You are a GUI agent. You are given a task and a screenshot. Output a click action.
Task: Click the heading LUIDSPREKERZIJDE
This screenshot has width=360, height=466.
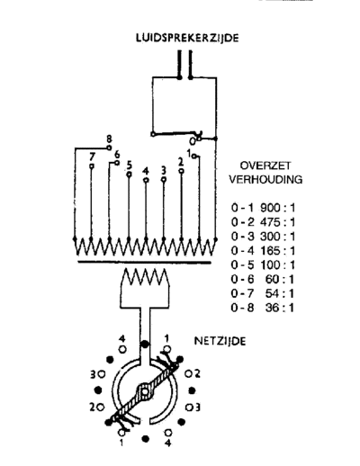(x=187, y=38)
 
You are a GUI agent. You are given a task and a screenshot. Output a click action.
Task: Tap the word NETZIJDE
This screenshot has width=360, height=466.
(x=220, y=341)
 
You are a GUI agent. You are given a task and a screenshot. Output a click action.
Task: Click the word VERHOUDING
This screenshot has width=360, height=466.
(x=265, y=179)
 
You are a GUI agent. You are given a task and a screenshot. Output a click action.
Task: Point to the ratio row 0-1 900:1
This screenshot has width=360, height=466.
(x=263, y=208)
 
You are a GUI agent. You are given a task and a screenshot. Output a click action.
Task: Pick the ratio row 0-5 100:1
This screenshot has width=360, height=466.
(x=263, y=264)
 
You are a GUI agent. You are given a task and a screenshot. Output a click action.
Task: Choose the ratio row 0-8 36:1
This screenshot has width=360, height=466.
(x=263, y=308)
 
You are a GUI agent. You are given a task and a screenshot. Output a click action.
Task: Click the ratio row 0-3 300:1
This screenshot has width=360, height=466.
(x=263, y=237)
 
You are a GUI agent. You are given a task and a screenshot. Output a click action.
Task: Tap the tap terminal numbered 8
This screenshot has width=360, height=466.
(x=109, y=148)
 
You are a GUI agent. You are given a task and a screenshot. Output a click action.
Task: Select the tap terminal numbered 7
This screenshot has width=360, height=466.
(x=92, y=166)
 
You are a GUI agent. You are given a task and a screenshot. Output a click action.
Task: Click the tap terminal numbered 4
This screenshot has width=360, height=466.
(x=146, y=180)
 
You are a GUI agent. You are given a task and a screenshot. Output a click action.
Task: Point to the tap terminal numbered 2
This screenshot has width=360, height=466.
(x=181, y=171)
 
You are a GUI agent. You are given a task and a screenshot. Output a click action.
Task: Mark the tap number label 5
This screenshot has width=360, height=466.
(x=129, y=165)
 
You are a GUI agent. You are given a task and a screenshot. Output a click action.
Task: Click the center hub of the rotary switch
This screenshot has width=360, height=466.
(x=145, y=392)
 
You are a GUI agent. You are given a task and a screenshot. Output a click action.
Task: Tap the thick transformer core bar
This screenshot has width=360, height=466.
(x=144, y=263)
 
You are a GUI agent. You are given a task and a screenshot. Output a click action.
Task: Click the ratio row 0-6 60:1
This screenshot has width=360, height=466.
(x=263, y=279)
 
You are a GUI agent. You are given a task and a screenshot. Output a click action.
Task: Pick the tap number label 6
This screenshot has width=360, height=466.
(x=117, y=155)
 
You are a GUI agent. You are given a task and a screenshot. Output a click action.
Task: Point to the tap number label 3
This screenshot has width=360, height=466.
(x=164, y=171)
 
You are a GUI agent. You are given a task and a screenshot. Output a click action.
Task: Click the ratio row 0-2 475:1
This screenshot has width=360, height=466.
(x=263, y=222)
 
